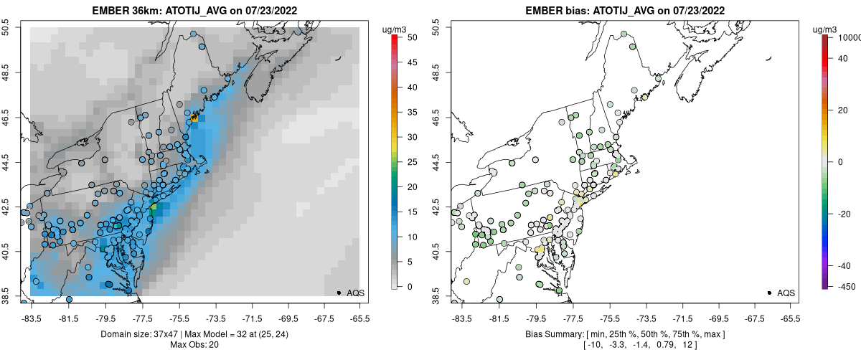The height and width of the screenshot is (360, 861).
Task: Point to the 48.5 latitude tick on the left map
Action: pyautogui.click(x=9, y=72)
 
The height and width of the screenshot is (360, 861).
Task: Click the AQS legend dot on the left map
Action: pyautogui.click(x=339, y=293)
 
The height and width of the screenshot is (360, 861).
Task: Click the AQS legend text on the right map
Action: pyautogui.click(x=786, y=293)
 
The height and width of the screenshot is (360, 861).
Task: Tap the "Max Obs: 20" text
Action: pyautogui.click(x=194, y=345)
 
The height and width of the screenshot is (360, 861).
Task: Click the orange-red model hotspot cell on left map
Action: pyautogui.click(x=194, y=116)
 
